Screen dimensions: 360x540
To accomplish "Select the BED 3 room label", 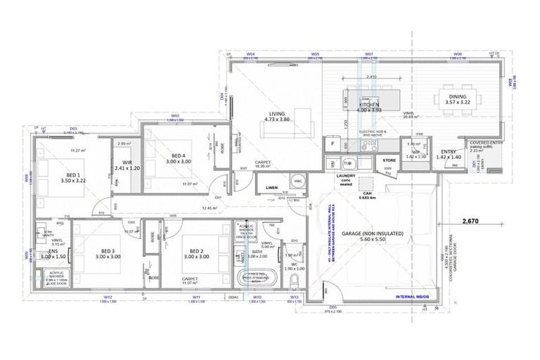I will pos(107,252).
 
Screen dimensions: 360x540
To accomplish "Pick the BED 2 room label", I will pos(195,252).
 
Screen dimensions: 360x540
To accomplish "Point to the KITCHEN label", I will pos(369,105).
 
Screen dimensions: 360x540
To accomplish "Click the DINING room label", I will pos(457,98).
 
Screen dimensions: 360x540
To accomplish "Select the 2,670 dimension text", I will pos(471,221).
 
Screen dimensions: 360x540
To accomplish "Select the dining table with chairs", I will pos(458,98).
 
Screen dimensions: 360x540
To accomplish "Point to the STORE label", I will pos(389,160).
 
